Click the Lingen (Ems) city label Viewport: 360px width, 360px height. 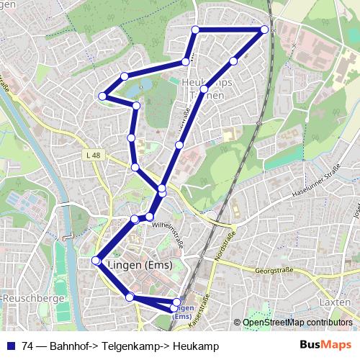[x=138, y=265]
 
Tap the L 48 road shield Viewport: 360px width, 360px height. [x=92, y=154]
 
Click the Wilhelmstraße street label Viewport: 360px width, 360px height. [x=168, y=234]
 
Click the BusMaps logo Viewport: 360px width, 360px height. [x=325, y=346]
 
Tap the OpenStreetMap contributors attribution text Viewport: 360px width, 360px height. [x=299, y=323]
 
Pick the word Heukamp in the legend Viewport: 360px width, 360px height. [x=194, y=346]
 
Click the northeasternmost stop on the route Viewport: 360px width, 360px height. [x=264, y=30]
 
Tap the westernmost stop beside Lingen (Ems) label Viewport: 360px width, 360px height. [x=96, y=261]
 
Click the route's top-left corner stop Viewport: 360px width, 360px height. [x=195, y=30]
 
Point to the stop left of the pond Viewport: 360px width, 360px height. [x=102, y=96]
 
